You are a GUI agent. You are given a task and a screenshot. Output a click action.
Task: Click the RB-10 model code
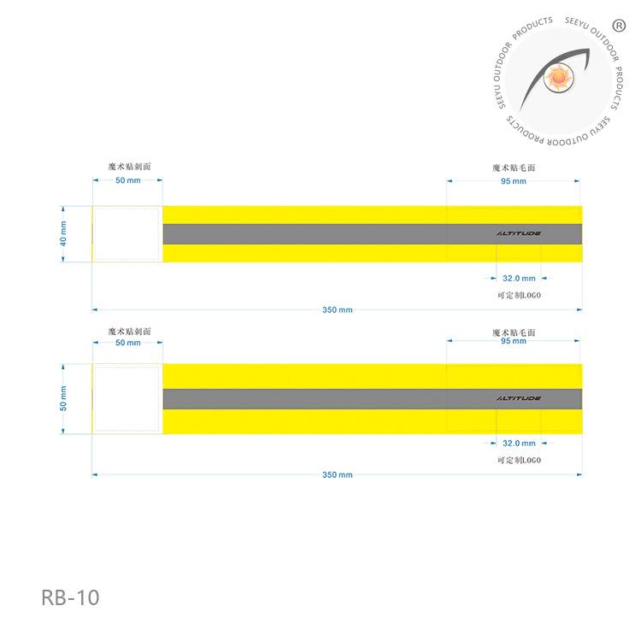(70, 597)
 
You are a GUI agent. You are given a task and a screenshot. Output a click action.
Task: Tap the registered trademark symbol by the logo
(620, 25)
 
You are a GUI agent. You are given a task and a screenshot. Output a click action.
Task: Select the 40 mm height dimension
(63, 233)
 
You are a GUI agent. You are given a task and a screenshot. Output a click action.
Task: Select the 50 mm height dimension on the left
(63, 398)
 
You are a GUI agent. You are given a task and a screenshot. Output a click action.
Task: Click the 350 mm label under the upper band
(337, 309)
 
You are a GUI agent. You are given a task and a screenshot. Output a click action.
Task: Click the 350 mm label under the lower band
(337, 474)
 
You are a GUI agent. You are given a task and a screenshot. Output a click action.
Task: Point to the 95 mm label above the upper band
(513, 181)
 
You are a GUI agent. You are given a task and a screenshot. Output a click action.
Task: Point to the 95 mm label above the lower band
(513, 341)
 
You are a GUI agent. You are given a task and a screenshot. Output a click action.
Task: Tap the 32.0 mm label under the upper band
(518, 278)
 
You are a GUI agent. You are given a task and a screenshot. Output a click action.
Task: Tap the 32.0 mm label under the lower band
(518, 443)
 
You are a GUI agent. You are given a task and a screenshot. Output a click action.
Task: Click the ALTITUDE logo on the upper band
(518, 232)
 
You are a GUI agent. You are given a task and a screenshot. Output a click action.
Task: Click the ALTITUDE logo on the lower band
(518, 398)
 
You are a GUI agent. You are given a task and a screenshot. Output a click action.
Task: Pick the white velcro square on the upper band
(126, 232)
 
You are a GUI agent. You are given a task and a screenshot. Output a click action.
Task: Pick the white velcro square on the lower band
(126, 398)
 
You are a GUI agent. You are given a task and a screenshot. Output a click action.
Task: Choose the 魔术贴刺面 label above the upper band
(129, 167)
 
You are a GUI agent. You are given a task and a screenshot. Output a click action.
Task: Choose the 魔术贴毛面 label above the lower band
(513, 332)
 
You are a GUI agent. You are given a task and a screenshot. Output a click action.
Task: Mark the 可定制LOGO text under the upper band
(519, 295)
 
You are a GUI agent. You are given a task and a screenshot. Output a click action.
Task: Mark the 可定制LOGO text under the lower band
(519, 460)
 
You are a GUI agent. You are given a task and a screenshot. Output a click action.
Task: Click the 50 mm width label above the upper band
(127, 181)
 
